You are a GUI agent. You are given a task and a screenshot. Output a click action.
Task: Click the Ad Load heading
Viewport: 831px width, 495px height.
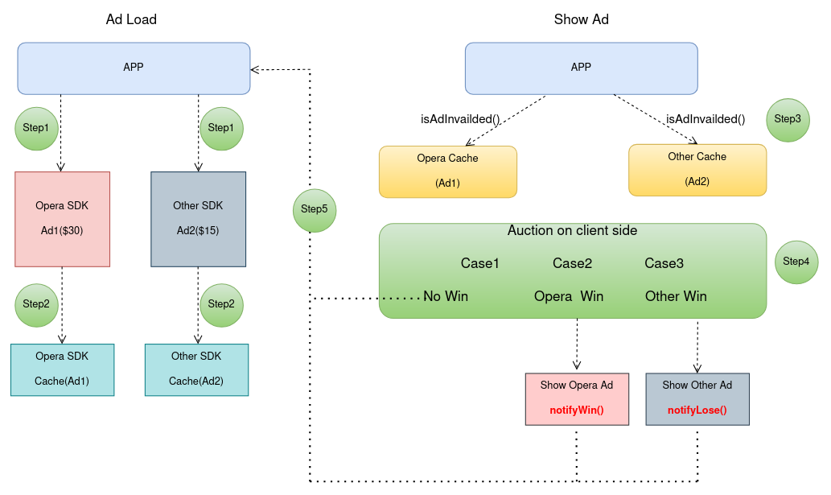point(131,19)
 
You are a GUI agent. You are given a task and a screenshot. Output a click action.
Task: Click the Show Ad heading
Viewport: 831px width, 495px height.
point(581,19)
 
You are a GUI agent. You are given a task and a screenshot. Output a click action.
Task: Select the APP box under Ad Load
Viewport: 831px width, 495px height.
point(134,68)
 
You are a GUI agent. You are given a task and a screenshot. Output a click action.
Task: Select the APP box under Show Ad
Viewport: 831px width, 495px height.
point(581,68)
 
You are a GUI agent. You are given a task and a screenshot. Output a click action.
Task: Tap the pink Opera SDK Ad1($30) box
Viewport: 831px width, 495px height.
point(62,218)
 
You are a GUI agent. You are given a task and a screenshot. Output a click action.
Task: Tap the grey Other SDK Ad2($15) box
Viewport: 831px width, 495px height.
point(198,218)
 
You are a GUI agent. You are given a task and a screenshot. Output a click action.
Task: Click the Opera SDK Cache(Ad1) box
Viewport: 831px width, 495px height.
point(62,369)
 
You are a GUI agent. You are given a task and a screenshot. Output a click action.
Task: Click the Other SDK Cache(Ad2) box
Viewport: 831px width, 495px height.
point(196,369)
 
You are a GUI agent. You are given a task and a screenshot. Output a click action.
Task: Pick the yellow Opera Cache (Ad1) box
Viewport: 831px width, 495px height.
point(447,171)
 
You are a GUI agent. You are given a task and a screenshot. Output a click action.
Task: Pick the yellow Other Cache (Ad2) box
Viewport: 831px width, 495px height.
point(697,169)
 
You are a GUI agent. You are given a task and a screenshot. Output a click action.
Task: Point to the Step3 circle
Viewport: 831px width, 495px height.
point(787,119)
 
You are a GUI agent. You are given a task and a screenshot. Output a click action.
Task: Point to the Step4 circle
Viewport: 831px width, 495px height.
point(796,262)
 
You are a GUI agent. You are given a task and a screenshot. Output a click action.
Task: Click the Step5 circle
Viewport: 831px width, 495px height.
point(314,209)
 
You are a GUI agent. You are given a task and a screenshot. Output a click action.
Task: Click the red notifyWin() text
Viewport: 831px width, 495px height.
point(577,410)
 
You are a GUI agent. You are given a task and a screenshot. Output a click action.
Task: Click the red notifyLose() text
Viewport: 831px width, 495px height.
point(697,410)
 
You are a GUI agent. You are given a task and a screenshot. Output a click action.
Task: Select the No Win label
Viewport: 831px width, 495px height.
point(446,296)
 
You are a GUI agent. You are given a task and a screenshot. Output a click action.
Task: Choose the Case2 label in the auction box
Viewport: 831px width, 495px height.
point(572,263)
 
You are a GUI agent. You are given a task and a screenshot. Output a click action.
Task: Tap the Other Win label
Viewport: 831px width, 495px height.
point(676,296)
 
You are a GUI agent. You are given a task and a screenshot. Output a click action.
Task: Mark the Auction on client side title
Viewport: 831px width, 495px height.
point(572,231)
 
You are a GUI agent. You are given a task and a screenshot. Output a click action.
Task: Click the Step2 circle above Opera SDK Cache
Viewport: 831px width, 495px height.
point(36,304)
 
